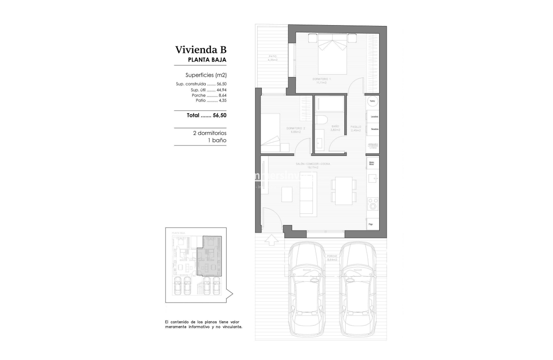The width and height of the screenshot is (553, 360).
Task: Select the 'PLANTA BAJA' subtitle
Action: (207, 60)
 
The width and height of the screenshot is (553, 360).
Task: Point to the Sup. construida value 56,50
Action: (221, 84)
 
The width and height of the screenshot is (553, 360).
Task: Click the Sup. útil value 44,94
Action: (221, 90)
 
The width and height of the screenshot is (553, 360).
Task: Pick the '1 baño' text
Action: (217, 140)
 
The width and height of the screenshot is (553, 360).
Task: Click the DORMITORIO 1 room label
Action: (321, 79)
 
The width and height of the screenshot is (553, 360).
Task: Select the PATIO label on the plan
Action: (272, 57)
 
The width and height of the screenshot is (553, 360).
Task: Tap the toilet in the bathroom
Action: (321, 120)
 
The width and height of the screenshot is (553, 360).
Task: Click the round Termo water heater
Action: (372, 101)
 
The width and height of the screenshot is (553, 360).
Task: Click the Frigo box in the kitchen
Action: (371, 224)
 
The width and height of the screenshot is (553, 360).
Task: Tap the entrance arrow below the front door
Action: (271, 239)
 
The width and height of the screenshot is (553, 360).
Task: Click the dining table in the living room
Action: (344, 191)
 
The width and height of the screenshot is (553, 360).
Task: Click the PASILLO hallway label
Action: (356, 126)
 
